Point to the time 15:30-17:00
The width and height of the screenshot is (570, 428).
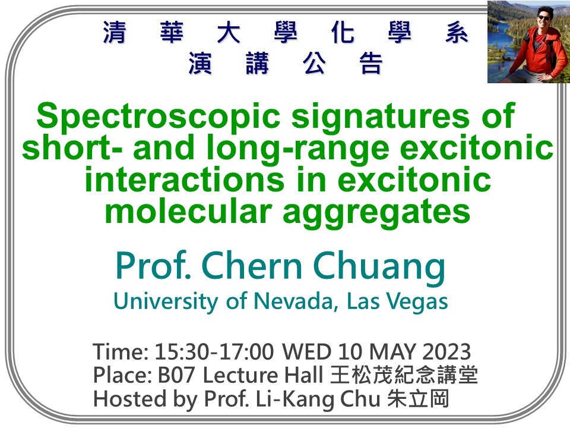214,352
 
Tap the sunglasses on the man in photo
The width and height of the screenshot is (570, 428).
544,18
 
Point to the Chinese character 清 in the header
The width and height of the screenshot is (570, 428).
115,34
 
